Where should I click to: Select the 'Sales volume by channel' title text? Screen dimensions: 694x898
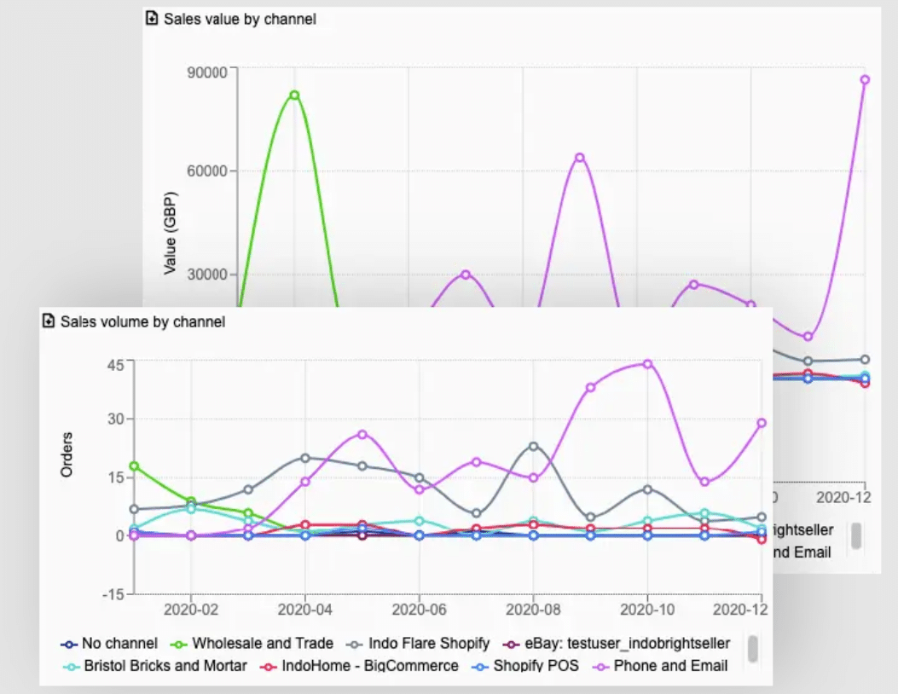[x=142, y=321]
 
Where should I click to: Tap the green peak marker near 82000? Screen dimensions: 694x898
[x=294, y=95]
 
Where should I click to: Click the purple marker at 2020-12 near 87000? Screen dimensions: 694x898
[x=865, y=80]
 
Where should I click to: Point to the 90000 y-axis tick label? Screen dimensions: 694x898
[x=206, y=72]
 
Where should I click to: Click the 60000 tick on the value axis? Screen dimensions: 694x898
[x=206, y=171]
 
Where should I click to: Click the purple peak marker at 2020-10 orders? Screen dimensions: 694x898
[x=647, y=364]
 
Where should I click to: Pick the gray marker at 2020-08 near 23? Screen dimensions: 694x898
[x=533, y=446]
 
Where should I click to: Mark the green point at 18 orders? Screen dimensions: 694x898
[x=134, y=466]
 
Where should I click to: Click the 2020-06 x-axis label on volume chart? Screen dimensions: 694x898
[x=419, y=611]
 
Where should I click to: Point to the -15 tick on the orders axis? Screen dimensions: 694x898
[x=113, y=593]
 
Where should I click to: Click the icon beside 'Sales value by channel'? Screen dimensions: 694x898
[x=152, y=18]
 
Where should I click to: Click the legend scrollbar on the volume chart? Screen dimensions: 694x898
[x=753, y=648]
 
